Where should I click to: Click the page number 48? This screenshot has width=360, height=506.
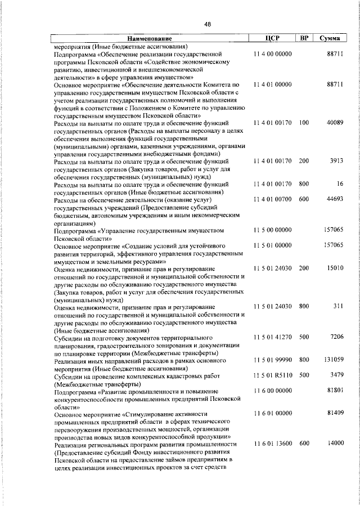[x=207, y=23]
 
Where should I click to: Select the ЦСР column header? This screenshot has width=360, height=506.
[x=272, y=38]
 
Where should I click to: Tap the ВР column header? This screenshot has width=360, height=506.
[x=304, y=38]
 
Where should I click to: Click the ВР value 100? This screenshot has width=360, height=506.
[x=304, y=123]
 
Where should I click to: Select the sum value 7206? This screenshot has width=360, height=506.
[x=336, y=337]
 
